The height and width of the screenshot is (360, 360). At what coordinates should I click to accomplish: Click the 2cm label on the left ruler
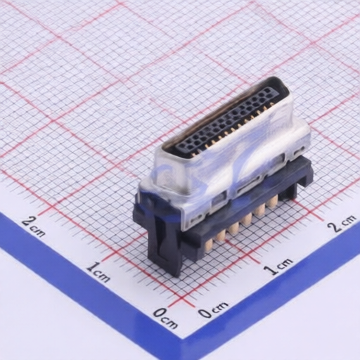[x=34, y=226]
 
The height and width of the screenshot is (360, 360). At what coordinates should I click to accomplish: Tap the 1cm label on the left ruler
[x=98, y=272]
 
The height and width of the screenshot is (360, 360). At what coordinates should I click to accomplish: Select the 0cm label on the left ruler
[x=165, y=319]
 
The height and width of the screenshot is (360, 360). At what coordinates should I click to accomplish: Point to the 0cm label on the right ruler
[x=212, y=309]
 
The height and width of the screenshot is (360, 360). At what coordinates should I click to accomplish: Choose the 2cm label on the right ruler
[x=342, y=224]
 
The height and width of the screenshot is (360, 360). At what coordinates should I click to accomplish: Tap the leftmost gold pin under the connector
[x=208, y=246]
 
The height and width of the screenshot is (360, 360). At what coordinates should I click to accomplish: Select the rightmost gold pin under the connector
[x=273, y=202]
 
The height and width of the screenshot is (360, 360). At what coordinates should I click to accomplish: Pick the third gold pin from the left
[x=234, y=228]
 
